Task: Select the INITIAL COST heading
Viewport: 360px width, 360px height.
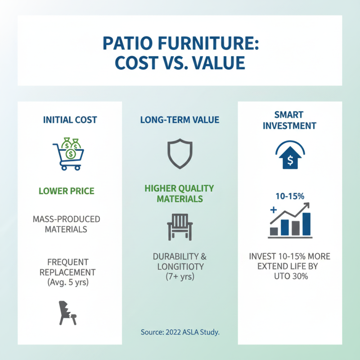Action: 70,120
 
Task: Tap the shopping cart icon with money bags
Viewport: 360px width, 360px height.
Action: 69,153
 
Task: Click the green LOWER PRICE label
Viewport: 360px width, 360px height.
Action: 67,191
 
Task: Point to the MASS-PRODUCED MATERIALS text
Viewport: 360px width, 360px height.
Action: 67,224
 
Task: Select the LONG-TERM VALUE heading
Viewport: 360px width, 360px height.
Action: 180,120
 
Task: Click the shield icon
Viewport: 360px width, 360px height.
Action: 180,153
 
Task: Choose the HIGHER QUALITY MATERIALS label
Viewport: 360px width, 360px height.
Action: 180,193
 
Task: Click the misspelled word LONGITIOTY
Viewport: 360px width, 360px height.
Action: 180,266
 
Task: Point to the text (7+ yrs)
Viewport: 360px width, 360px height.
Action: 180,277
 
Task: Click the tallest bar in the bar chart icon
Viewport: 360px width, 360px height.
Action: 306,224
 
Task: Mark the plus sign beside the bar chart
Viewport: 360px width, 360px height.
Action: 273,210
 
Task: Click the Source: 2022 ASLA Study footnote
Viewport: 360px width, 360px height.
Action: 180,332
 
